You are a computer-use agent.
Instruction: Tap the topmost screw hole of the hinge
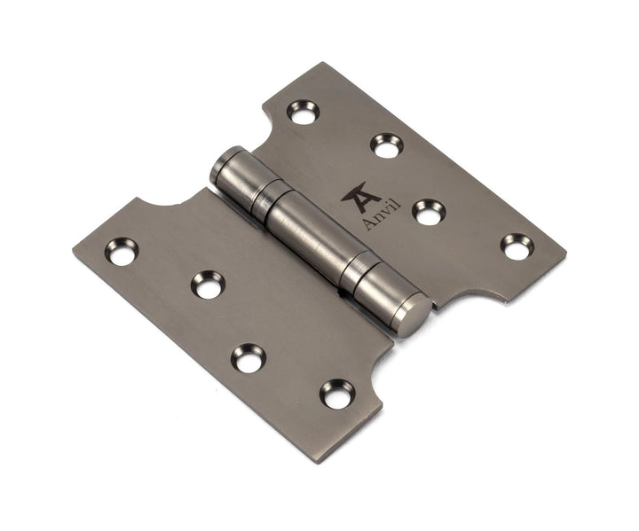303,112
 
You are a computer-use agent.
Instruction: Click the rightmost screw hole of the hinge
516,246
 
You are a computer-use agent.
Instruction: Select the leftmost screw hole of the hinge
121,251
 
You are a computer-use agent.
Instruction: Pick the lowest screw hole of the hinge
336,394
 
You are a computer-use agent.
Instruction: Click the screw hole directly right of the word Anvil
429,212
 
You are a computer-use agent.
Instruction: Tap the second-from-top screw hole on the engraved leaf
386,144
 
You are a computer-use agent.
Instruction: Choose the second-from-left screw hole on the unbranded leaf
208,285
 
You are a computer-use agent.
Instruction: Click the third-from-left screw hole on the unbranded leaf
248,358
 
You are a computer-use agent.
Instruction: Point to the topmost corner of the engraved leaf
321,63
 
